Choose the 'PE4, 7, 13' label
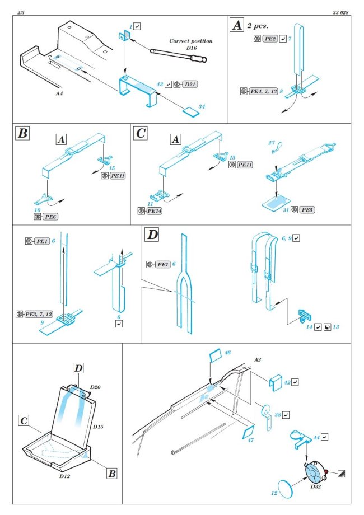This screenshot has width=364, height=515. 260,90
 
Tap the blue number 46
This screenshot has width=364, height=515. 227,353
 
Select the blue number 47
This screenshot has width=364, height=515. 250,441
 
